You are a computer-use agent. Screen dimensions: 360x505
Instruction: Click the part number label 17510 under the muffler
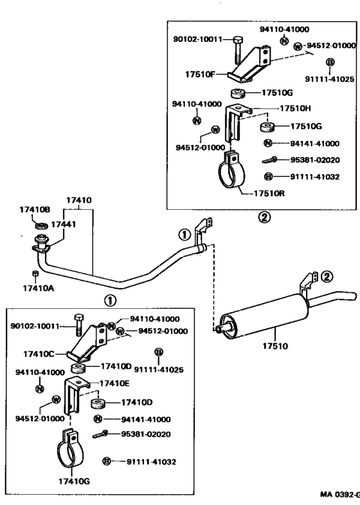[x=275, y=346]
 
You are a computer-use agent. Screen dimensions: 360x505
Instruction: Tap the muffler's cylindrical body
[x=264, y=317]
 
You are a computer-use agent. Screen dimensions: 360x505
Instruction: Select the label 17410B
[x=35, y=209]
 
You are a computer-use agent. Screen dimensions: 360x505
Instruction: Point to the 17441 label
[x=64, y=224]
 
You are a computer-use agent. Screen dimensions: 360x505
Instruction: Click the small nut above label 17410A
[x=36, y=274]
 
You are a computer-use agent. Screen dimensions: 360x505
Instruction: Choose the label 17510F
[x=200, y=75]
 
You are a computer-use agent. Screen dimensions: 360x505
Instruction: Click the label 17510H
[x=295, y=108]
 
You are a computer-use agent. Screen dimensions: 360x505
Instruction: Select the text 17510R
[x=269, y=194]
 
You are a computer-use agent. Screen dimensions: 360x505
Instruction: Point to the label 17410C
[x=39, y=354]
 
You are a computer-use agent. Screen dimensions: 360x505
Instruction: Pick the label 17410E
[x=114, y=383]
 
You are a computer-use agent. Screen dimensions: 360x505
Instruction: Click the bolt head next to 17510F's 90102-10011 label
[x=237, y=41]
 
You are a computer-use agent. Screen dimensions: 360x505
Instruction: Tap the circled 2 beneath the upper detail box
[x=264, y=217]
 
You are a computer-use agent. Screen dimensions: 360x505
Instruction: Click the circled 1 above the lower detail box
[x=110, y=301]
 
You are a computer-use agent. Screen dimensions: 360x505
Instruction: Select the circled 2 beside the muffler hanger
[x=327, y=277]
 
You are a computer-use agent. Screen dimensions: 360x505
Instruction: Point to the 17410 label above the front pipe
[x=79, y=200]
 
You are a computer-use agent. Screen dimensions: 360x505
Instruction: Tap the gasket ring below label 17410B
[x=42, y=225]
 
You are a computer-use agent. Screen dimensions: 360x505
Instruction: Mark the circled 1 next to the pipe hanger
[x=184, y=235]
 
